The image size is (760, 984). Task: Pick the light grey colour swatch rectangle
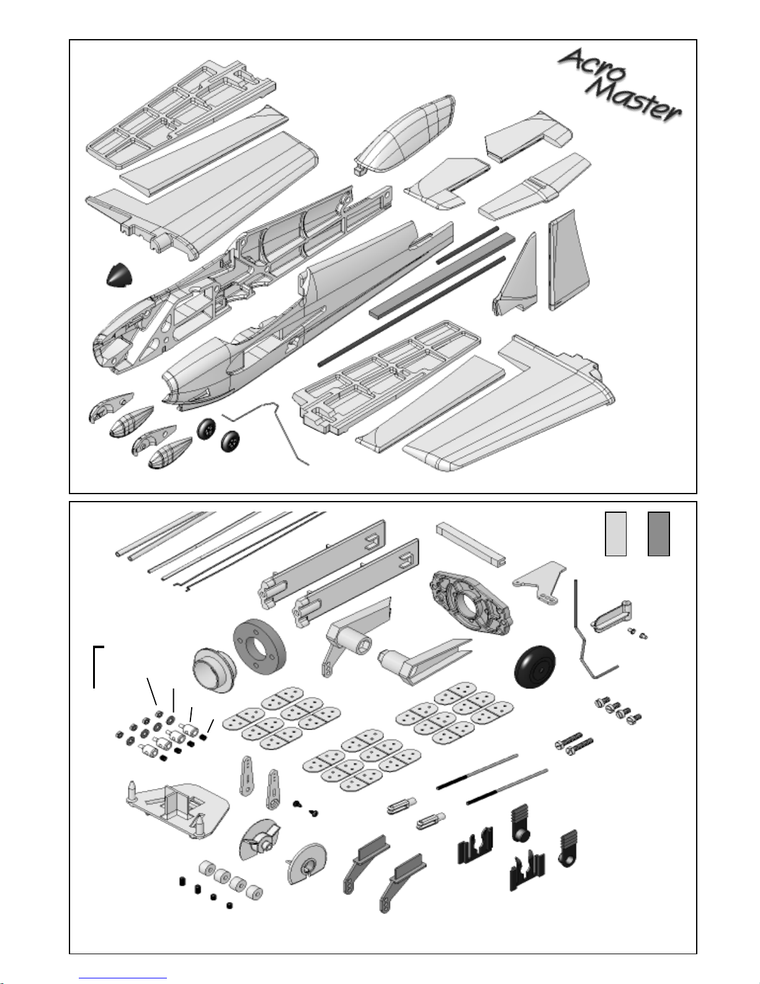615,533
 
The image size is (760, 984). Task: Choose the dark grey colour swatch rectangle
658,533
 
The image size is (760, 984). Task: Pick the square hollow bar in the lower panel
471,540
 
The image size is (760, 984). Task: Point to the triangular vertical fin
518,276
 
